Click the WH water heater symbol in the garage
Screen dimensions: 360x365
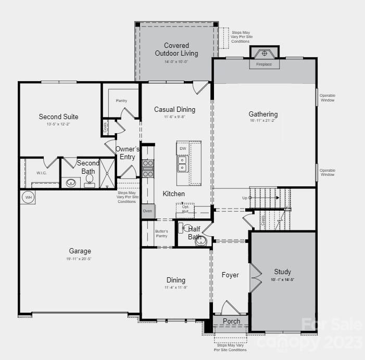coord(28,198)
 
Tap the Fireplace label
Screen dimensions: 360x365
coord(267,65)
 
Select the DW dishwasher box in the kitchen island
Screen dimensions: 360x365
coord(182,149)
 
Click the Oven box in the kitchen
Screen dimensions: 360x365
coord(147,211)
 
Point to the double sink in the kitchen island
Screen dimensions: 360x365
coord(182,164)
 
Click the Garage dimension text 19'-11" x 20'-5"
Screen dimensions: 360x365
coord(80,259)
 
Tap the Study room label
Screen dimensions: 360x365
coord(283,272)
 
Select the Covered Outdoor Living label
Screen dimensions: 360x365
coord(176,49)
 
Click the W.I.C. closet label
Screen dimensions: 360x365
coord(42,173)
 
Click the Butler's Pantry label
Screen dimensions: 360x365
coord(161,234)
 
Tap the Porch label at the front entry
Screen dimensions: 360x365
coord(232,321)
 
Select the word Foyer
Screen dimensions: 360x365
coord(230,275)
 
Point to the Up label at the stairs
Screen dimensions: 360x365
coord(245,198)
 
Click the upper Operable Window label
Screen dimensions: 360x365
coord(328,98)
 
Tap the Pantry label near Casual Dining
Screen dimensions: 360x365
coord(121,100)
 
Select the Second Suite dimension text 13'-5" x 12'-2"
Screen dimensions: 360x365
coord(58,124)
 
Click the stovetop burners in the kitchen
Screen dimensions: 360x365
coord(148,168)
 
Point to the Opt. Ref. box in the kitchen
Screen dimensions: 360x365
coord(185,209)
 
